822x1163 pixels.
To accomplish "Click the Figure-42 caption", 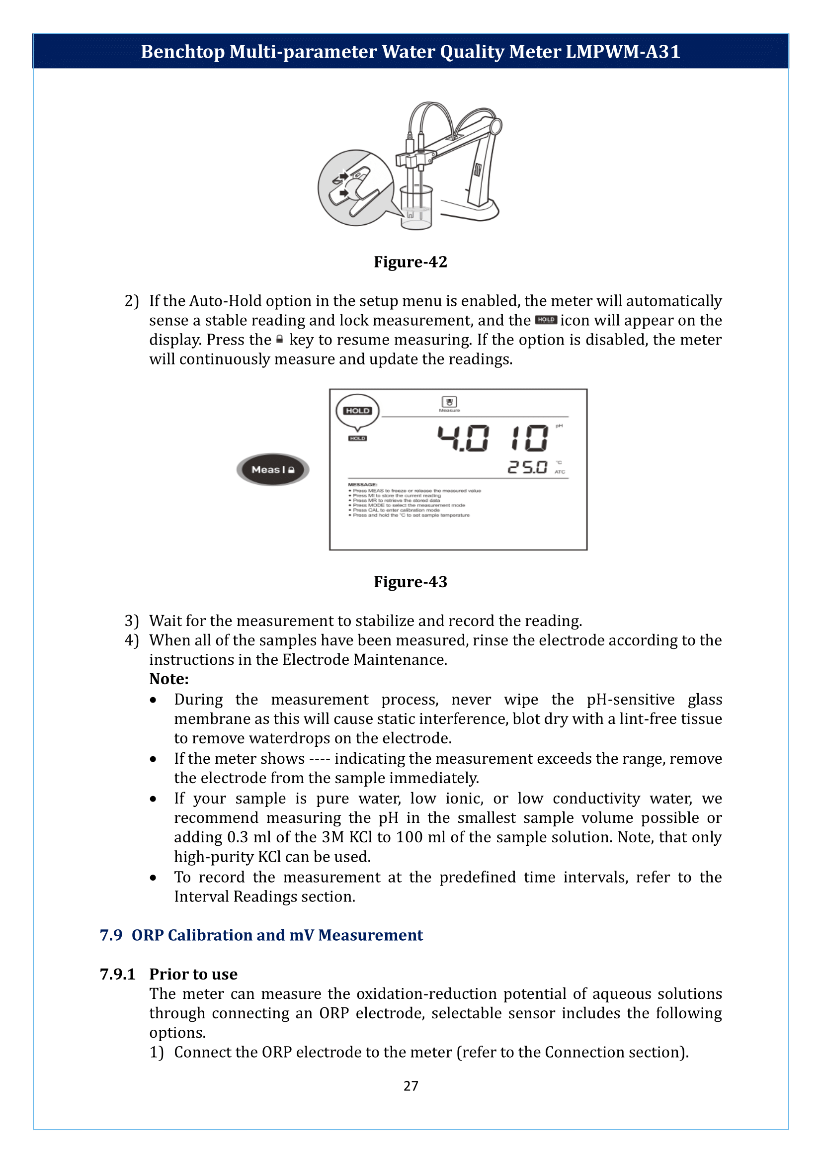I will pyautogui.click(x=410, y=262).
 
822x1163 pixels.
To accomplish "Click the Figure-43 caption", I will pyautogui.click(x=410, y=582).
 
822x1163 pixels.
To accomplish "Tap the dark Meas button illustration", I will pyautogui.click(x=273, y=469).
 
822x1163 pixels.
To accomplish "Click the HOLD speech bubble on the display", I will pyautogui.click(x=357, y=411).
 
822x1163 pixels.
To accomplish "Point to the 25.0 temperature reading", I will pyautogui.click(x=527, y=467).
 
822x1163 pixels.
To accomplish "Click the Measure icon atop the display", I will pyautogui.click(x=449, y=404).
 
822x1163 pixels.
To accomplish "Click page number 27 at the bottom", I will pyautogui.click(x=411, y=1085).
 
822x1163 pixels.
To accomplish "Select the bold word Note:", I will pyautogui.click(x=168, y=679).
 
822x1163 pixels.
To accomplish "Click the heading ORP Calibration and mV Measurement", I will pyautogui.click(x=277, y=935).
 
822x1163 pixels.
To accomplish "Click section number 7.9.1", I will pyautogui.click(x=117, y=974).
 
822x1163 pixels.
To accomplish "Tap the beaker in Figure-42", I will pyautogui.click(x=416, y=208).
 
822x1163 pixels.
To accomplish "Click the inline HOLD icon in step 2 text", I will pyautogui.click(x=546, y=320).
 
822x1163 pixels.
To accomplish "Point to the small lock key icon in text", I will pyautogui.click(x=279, y=340).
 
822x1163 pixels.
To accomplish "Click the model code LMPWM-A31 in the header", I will pyautogui.click(x=623, y=52).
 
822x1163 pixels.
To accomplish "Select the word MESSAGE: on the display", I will pyautogui.click(x=362, y=485).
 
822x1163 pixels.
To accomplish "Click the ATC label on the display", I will pyautogui.click(x=559, y=472).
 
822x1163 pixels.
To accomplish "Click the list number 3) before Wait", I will pyautogui.click(x=132, y=621).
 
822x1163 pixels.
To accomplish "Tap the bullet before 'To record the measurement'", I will pyautogui.click(x=153, y=878).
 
